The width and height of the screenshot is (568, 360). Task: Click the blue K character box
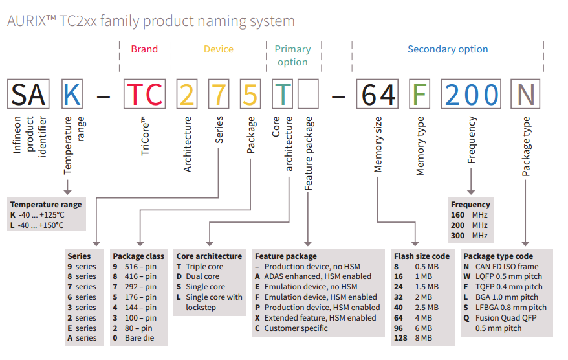pyautogui.click(x=72, y=95)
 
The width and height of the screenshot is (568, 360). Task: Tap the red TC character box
pyautogui.click(x=145, y=95)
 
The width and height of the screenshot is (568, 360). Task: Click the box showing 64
pyautogui.click(x=378, y=95)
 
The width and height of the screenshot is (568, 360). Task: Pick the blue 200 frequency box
pyautogui.click(x=472, y=95)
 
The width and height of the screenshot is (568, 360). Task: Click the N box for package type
pyautogui.click(x=527, y=95)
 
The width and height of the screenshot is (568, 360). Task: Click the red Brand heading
pyautogui.click(x=144, y=49)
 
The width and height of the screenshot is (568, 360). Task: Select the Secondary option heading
pyautogui.click(x=448, y=49)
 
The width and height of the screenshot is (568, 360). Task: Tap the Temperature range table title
pyautogui.click(x=46, y=205)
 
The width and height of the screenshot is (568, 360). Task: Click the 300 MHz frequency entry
pyautogui.click(x=470, y=236)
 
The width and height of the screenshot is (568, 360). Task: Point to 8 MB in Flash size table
pyautogui.click(x=421, y=339)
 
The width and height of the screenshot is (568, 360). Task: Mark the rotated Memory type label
pyautogui.click(x=421, y=146)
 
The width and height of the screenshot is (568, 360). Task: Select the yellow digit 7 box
pyautogui.click(x=220, y=95)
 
